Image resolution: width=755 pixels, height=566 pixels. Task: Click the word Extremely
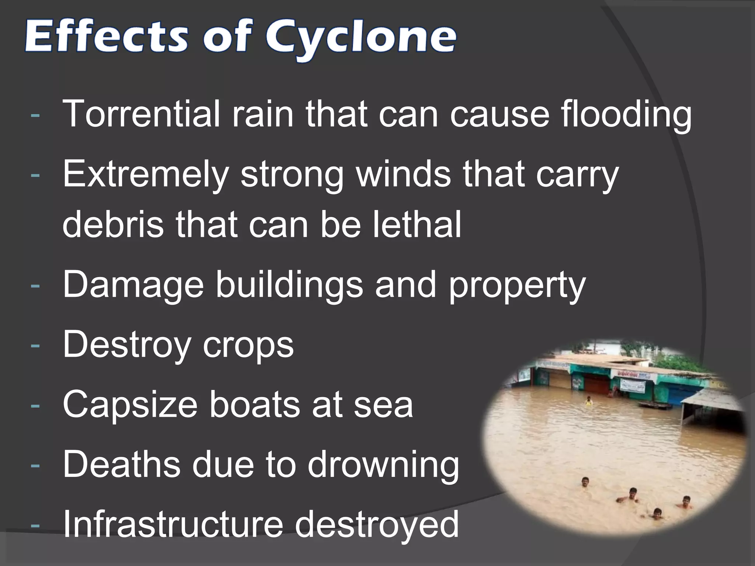146,174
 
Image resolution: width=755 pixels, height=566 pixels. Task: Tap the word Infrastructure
173,524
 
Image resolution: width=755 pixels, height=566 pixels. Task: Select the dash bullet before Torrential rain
35,114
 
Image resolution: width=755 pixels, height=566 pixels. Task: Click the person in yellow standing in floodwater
589,401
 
